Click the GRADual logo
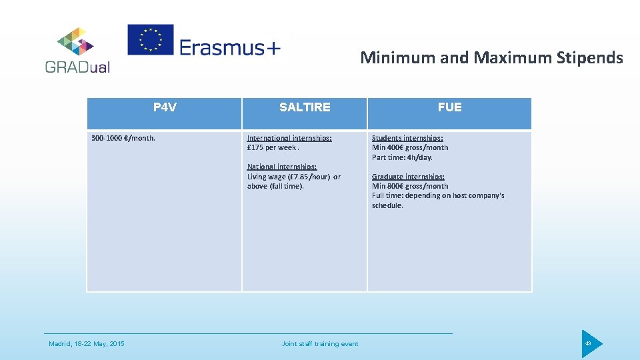(x=77, y=50)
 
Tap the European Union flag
(x=150, y=40)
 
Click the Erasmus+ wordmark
(x=230, y=47)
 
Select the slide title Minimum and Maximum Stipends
(x=491, y=58)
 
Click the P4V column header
(x=165, y=107)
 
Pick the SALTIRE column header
(x=305, y=107)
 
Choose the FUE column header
(x=450, y=107)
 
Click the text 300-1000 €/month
(x=123, y=138)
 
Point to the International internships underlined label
(x=289, y=138)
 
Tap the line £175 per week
(x=272, y=147)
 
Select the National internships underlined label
(x=282, y=167)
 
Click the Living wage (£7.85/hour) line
(x=293, y=177)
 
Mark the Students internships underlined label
(x=407, y=138)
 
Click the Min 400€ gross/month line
(x=410, y=147)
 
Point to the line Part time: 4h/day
(x=402, y=157)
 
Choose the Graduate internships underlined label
(x=408, y=177)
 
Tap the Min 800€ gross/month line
(x=410, y=186)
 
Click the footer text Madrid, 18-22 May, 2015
(x=87, y=344)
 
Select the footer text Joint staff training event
(x=320, y=344)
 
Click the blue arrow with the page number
(x=590, y=344)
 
